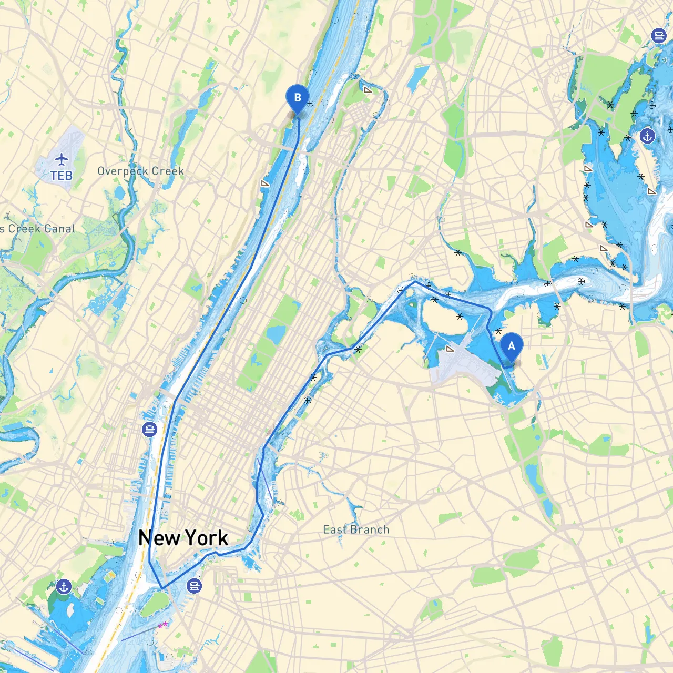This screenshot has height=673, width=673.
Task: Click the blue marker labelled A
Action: pos(511,346)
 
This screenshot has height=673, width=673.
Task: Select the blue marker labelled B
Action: pos(298,98)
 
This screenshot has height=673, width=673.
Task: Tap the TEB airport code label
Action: pos(62,176)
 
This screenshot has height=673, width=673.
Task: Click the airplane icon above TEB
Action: pos(62,159)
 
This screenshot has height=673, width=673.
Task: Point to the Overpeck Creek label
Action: pos(140,171)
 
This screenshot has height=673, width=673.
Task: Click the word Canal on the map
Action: pos(56,229)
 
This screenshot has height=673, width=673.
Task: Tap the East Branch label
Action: pos(356,529)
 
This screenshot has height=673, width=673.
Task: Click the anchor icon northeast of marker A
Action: pos(647,136)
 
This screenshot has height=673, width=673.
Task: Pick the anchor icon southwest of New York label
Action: pos(64,586)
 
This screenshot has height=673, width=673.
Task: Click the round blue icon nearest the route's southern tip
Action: pos(195,585)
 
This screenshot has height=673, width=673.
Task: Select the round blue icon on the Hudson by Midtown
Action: pos(150,430)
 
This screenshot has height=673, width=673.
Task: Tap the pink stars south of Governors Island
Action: pos(163,625)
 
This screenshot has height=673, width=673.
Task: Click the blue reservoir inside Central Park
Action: pos(275,333)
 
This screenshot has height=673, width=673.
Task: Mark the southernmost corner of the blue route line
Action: pos(162,588)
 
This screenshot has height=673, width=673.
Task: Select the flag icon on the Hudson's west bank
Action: pos(266,183)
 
